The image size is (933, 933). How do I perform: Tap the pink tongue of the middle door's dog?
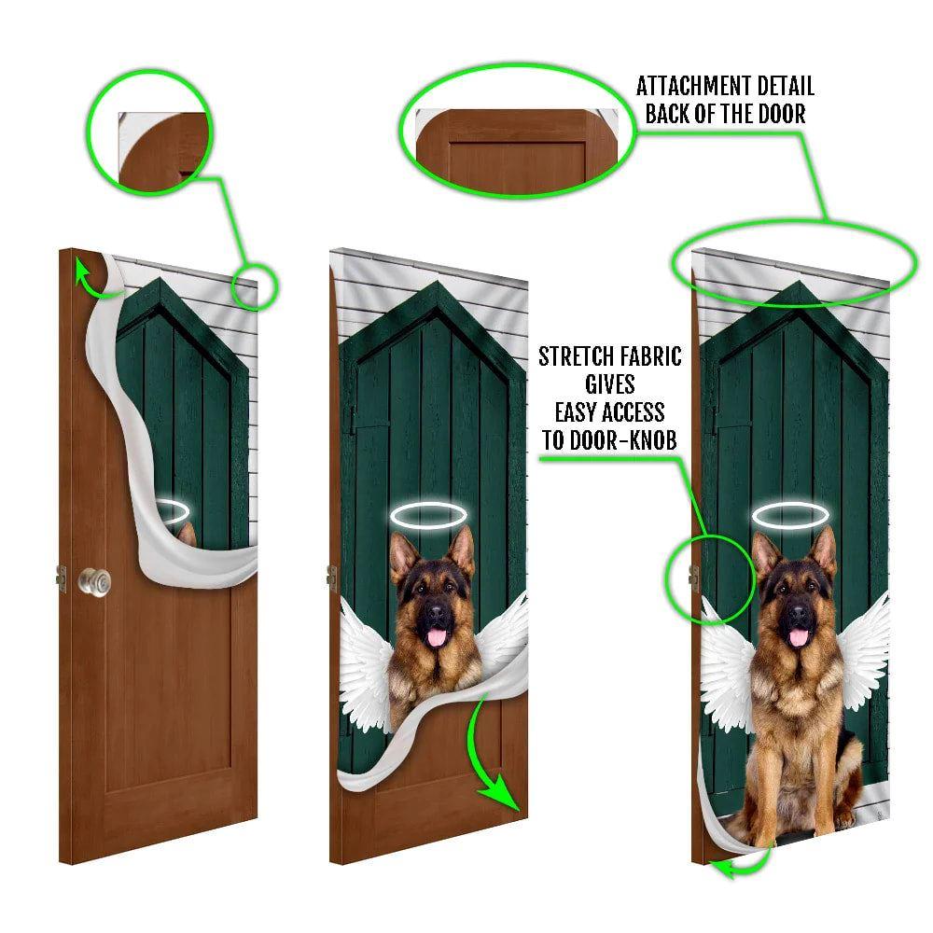(x=435, y=638)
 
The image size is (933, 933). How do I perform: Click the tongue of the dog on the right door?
(x=796, y=637)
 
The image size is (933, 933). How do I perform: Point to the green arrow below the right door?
(x=737, y=867)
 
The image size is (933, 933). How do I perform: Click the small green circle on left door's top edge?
(x=253, y=285)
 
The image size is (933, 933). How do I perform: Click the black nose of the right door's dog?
(x=799, y=616)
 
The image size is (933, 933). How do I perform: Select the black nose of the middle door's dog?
(x=436, y=617)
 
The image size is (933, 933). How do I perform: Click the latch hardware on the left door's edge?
(x=61, y=578)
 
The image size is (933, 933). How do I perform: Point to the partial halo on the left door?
(x=172, y=510)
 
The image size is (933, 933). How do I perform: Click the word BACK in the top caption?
(x=666, y=115)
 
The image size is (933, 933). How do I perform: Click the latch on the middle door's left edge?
(x=331, y=578)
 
